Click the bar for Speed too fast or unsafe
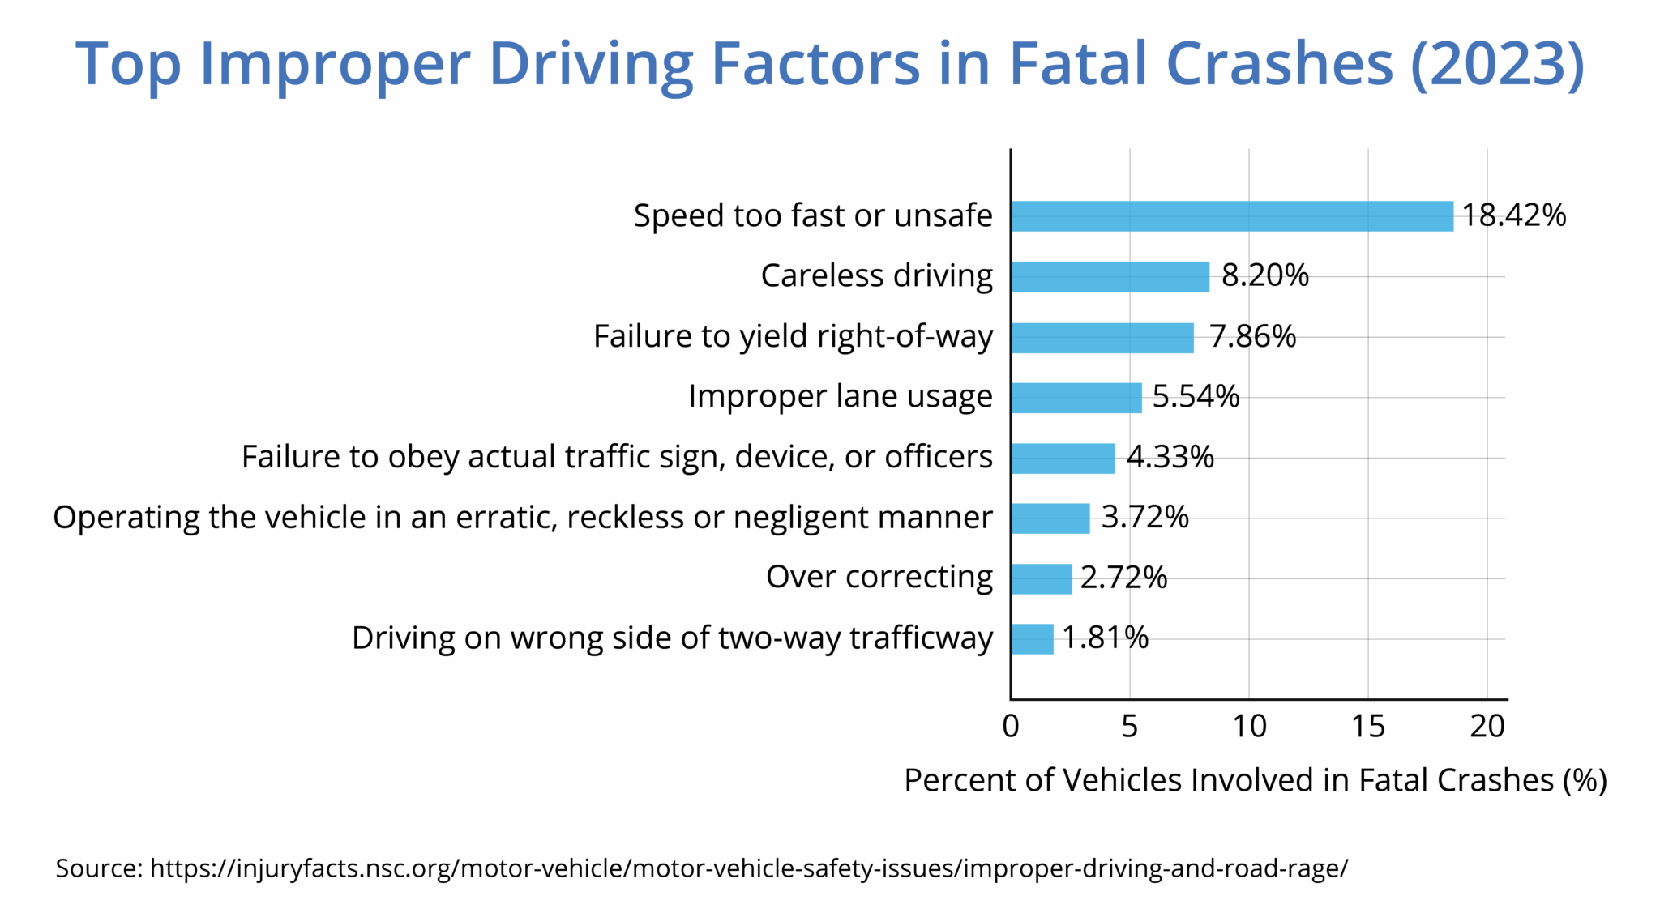coord(1232,216)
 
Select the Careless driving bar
coord(1110,277)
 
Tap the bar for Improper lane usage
coord(1076,398)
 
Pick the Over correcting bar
coord(1042,579)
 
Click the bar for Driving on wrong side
coord(1032,639)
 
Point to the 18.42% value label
coord(1514,215)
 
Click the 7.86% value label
coord(1252,336)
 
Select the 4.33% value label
coord(1170,457)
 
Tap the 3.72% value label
coord(1144,517)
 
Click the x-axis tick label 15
coord(1368,727)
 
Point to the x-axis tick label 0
coord(1011,727)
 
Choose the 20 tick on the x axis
coord(1487,727)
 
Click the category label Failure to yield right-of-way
coord(793,336)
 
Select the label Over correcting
coord(879,578)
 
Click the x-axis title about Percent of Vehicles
coord(1255,780)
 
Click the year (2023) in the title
coord(1497,63)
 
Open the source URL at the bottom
coord(749,868)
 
